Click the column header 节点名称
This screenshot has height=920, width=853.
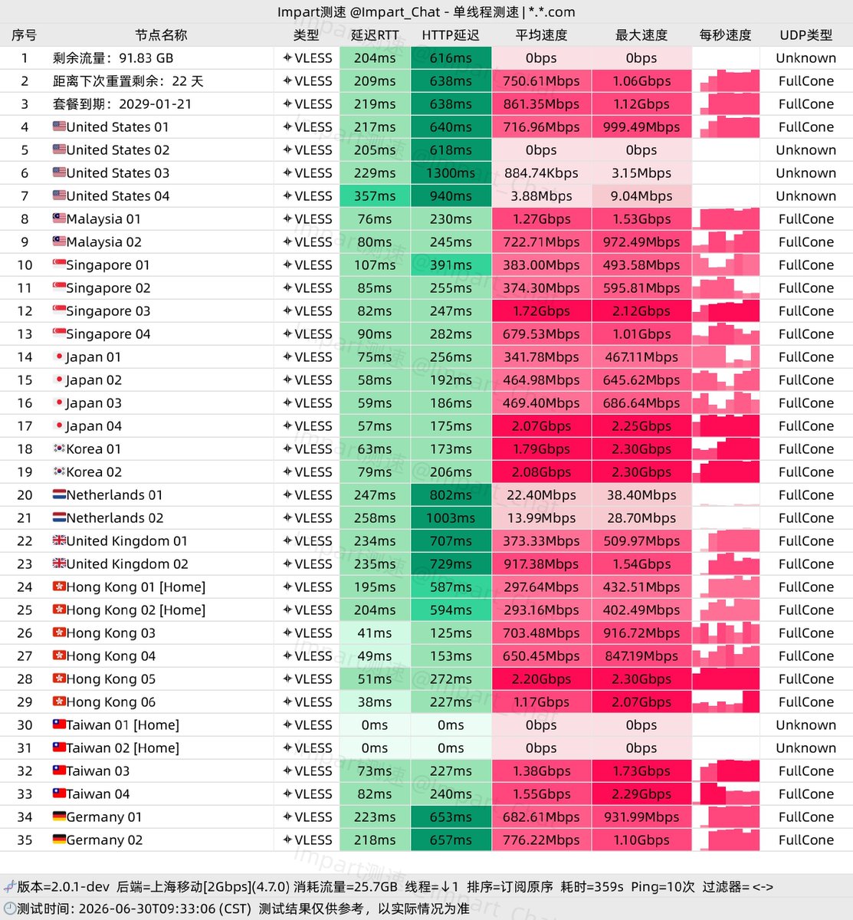click(161, 34)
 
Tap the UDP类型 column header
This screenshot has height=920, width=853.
click(805, 34)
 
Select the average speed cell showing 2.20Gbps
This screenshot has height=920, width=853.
click(541, 678)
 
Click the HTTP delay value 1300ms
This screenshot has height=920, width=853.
click(451, 172)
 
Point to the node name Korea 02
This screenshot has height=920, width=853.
click(94, 472)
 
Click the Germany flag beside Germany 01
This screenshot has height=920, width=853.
click(59, 816)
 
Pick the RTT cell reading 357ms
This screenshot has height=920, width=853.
click(375, 196)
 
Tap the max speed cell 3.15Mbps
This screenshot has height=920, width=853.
click(641, 172)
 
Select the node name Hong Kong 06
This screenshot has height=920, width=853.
click(110, 701)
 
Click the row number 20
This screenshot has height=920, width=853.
click(25, 495)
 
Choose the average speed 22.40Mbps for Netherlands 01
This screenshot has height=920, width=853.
click(541, 495)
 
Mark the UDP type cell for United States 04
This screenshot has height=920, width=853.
click(805, 196)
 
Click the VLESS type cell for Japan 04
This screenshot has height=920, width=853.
click(307, 426)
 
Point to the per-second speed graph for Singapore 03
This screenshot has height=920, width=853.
click(726, 310)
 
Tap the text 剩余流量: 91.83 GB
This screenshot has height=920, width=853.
click(113, 58)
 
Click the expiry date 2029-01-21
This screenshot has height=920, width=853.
click(155, 103)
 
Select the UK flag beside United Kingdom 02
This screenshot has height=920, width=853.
click(59, 563)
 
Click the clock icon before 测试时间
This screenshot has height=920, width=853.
click(9, 908)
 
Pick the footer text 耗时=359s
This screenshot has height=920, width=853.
click(592, 886)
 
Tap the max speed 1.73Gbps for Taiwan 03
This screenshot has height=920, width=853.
click(641, 770)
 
